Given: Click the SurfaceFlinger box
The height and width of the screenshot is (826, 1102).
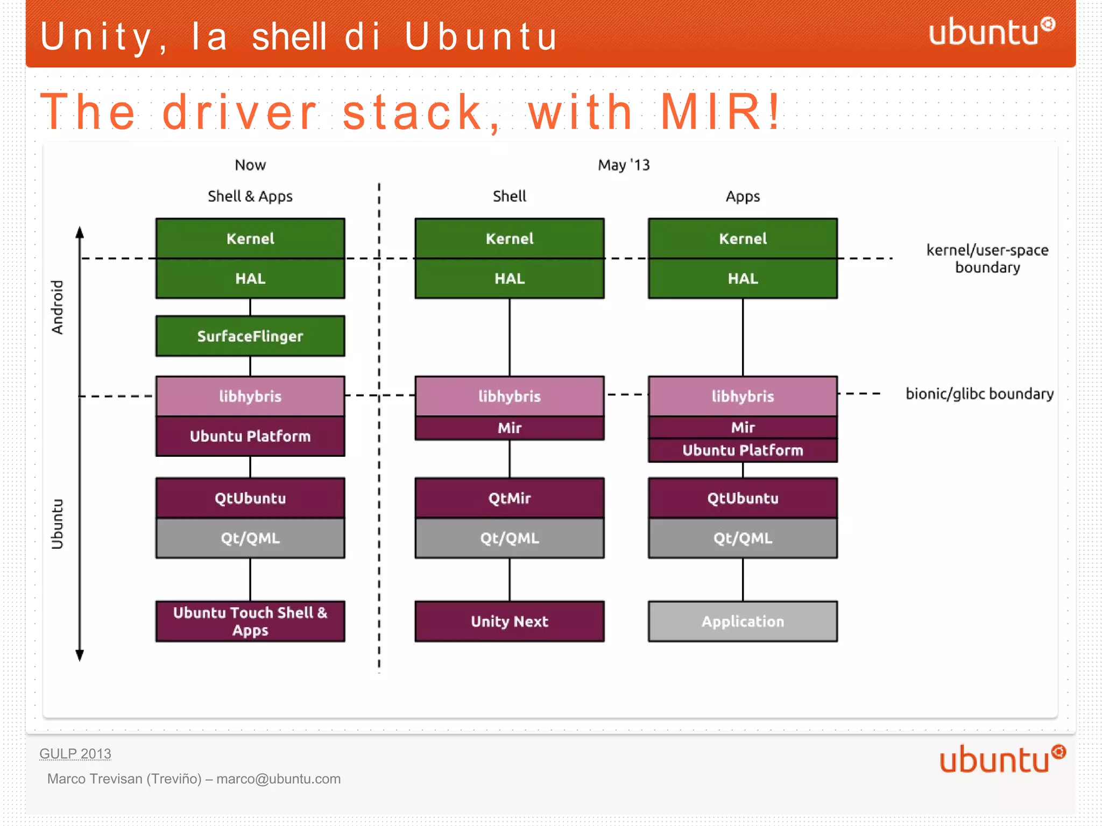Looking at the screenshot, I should tap(250, 336).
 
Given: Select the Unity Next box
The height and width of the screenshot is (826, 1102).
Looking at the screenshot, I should tap(509, 621).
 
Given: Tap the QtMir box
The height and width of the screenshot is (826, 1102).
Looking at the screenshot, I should tap(509, 498).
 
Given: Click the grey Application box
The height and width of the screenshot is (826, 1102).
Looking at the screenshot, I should tap(743, 621).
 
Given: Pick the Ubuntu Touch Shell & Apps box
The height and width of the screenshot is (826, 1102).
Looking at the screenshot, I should tap(250, 621).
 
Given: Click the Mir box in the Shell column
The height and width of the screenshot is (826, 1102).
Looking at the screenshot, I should tap(509, 428).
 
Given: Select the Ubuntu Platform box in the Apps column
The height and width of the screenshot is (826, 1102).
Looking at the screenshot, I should tap(743, 450).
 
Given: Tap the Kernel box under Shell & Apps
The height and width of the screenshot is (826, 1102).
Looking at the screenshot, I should tap(250, 238).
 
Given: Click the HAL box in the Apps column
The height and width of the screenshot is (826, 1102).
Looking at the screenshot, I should tap(743, 278).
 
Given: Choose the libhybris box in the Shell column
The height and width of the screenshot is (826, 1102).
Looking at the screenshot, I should tap(509, 396).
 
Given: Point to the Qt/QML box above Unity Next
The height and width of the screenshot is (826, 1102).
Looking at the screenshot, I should tap(509, 538).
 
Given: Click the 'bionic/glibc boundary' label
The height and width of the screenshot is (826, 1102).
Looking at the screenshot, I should tap(979, 394).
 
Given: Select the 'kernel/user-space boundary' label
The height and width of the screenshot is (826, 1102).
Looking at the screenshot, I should tap(987, 258).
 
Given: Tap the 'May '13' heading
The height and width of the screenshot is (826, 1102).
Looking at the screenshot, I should tap(624, 165).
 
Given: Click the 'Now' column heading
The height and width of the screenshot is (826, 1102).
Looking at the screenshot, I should tap(250, 165).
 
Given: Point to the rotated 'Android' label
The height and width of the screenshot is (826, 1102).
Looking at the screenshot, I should tap(57, 307).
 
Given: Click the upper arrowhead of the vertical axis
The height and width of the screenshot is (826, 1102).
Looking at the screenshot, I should tap(80, 232).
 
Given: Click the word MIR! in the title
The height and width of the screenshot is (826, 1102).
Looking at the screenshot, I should tap(720, 112).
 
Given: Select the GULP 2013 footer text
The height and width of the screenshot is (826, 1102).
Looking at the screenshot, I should tap(75, 753).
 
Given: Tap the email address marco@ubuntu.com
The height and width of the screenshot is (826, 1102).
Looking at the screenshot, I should tap(278, 779).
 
